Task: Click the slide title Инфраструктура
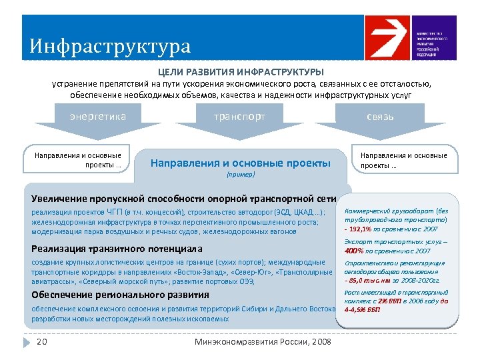[x=110, y=46]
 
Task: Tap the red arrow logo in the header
[x=387, y=38]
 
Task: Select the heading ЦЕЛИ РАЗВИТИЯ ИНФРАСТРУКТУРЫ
[x=241, y=71]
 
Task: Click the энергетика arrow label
[x=99, y=117]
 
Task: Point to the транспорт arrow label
[x=239, y=117]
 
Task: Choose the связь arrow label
[x=380, y=117]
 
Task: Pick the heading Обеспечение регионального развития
[x=120, y=295]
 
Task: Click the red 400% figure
[x=354, y=251]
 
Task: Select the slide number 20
[x=41, y=342]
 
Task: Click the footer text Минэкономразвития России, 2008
[x=263, y=342]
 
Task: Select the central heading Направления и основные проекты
[x=241, y=162]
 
